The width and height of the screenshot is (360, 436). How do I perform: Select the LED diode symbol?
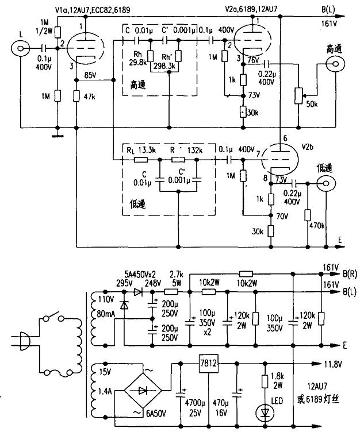click(265, 411)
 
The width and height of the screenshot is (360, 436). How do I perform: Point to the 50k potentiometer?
click(298, 94)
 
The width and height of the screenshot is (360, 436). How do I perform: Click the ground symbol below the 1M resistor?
click(58, 136)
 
